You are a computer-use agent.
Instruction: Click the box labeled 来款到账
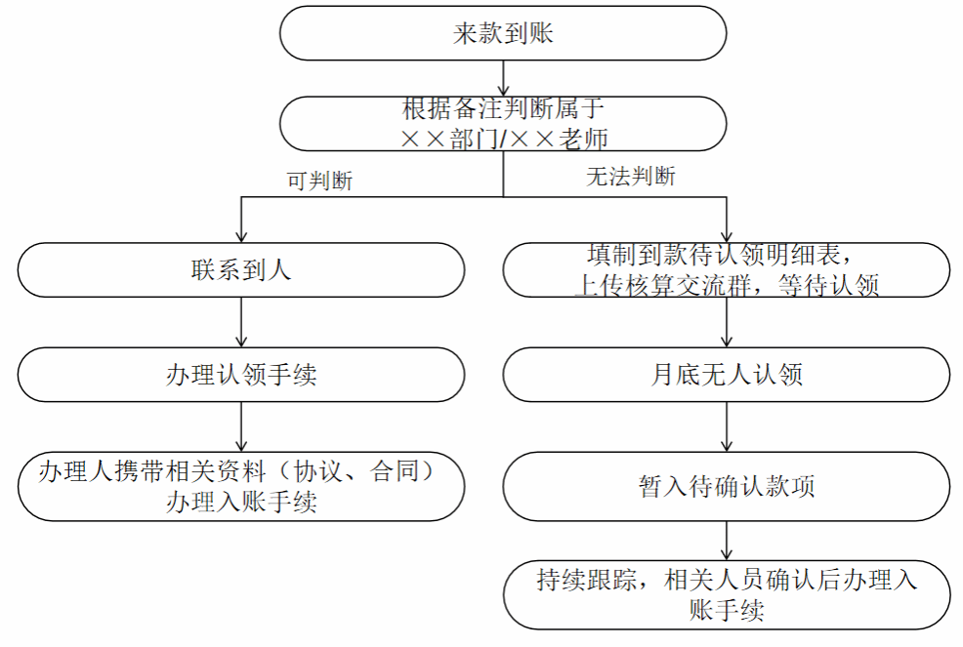pos(503,33)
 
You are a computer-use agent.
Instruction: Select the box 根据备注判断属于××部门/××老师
pos(503,123)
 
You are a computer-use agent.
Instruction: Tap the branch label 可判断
pos(320,181)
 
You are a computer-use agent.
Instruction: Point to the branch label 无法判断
pos(631,177)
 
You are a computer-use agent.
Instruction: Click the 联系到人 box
pos(240,270)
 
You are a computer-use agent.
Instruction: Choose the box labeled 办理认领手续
pos(240,375)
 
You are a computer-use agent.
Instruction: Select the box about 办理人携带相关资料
pos(240,487)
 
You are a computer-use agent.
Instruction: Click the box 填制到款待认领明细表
pos(727,270)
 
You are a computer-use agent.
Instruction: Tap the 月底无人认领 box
pos(727,375)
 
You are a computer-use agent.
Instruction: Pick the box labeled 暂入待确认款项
pos(727,487)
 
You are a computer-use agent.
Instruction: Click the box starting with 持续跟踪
pos(727,595)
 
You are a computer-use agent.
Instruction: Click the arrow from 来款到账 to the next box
pos(503,78)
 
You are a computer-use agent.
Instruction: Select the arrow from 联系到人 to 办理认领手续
pos(240,322)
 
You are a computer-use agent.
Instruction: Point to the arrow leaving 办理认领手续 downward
pos(240,427)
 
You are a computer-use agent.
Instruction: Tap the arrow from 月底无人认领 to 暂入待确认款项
pos(727,427)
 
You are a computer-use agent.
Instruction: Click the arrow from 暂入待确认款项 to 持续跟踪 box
pos(727,541)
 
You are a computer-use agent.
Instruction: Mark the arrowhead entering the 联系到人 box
pos(240,237)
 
